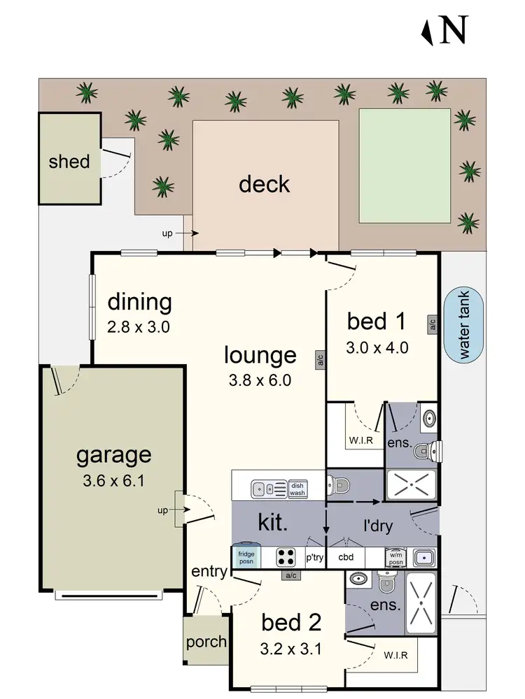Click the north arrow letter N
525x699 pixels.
(453, 30)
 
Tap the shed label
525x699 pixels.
(69, 161)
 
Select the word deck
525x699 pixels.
(264, 184)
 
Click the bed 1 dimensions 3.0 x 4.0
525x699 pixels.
(377, 347)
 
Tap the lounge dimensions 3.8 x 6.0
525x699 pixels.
(260, 380)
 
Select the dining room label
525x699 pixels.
(139, 302)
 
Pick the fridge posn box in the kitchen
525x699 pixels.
(247, 557)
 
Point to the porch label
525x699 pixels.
(206, 641)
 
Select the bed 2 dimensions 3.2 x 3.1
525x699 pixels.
(290, 649)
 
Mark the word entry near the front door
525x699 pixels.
(210, 572)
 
